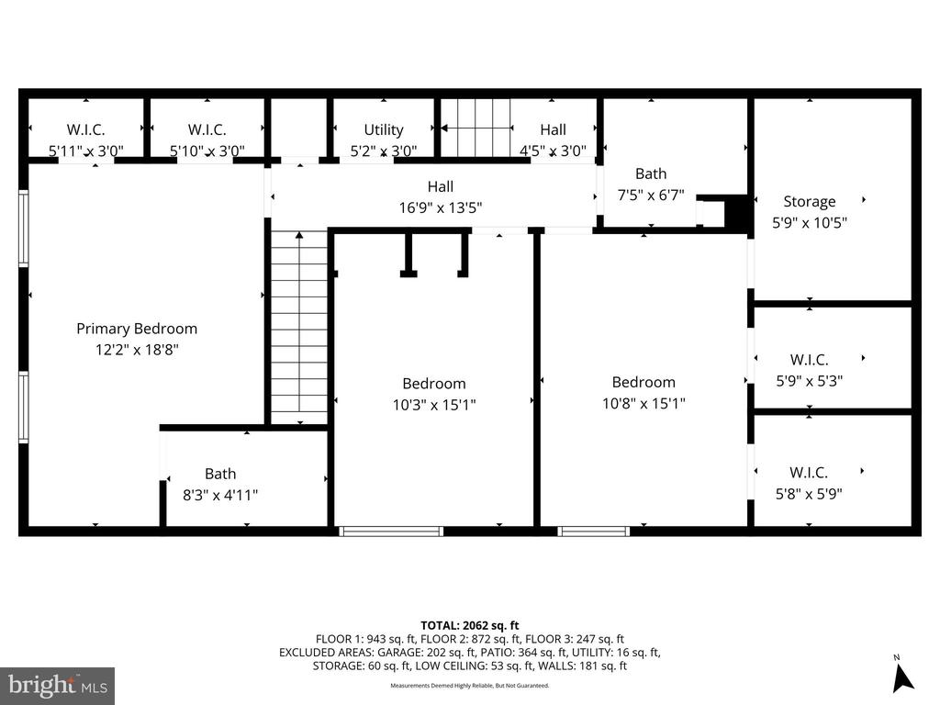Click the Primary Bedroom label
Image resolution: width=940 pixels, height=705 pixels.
(136, 329)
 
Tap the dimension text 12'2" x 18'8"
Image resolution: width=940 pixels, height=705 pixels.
(136, 350)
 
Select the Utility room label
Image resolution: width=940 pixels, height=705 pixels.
(383, 130)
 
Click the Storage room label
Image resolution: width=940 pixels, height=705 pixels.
(809, 202)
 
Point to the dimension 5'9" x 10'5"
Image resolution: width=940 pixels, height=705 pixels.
(809, 223)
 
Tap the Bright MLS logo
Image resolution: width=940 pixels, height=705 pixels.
(57, 685)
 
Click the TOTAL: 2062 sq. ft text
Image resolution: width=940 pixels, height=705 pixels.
(469, 625)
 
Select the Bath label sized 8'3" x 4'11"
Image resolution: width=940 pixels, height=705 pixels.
(220, 474)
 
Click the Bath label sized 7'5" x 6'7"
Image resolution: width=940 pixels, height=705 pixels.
(651, 173)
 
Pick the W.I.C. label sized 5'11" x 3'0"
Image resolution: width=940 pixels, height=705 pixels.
(85, 130)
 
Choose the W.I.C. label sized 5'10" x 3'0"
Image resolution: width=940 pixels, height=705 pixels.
(207, 130)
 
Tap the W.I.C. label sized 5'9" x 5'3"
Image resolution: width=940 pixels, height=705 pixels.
(809, 360)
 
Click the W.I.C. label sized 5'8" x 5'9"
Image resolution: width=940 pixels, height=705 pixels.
(809, 473)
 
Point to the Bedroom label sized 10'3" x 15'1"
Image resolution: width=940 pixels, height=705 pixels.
(433, 384)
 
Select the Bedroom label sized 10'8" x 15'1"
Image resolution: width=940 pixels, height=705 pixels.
(643, 382)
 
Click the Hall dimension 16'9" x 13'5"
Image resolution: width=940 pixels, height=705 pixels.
(440, 207)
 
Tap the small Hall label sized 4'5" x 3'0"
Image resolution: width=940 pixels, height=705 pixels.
(553, 130)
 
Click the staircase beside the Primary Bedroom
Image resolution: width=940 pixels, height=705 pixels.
(299, 326)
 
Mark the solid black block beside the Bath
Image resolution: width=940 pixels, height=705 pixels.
(737, 212)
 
